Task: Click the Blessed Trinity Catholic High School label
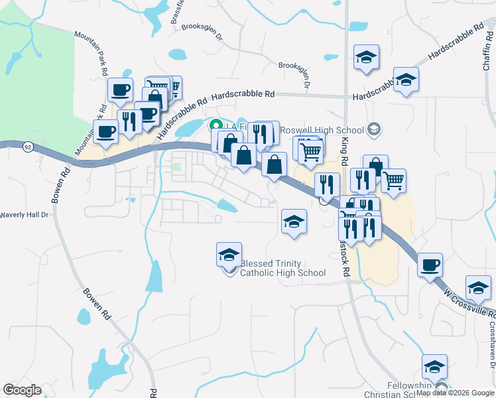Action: (283, 267)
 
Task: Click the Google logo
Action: (22, 390)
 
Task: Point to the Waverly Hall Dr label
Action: (25, 215)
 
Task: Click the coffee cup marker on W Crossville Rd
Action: (430, 265)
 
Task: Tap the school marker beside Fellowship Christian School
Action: (434, 365)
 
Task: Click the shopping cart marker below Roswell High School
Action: (310, 152)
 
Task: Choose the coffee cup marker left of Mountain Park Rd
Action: (106, 131)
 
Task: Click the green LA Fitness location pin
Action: (216, 125)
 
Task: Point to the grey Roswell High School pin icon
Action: (374, 129)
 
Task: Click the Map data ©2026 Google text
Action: (455, 393)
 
